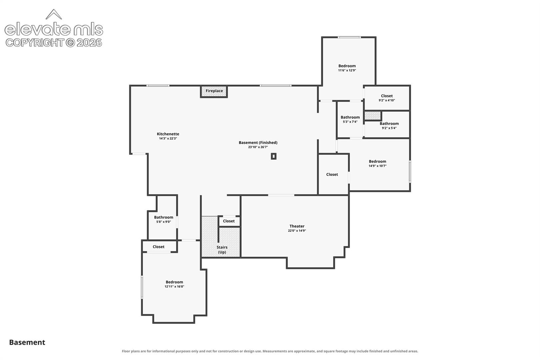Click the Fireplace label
tap(214, 91)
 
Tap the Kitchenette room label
tap(168, 134)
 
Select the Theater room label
tap(297, 226)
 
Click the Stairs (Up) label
tap(222, 250)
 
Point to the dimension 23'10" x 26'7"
tap(258, 147)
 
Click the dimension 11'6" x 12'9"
tap(347, 70)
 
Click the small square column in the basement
tap(274, 156)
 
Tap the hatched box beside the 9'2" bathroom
tap(373, 116)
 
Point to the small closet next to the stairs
tap(229, 221)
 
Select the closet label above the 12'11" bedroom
tap(159, 247)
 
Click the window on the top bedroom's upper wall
tap(349, 37)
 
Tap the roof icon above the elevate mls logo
tap(54, 14)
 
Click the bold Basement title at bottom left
tap(27, 342)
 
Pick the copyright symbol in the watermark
tap(70, 43)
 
